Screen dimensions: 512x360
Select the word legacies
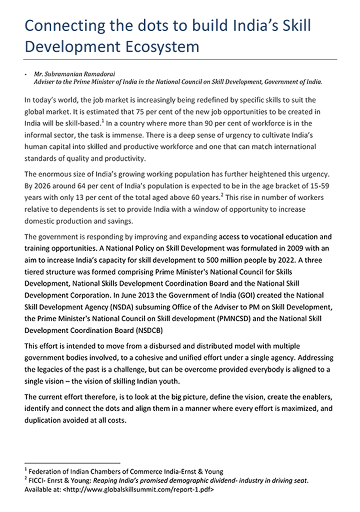(48, 370)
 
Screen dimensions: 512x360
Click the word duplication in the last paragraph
(43, 421)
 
